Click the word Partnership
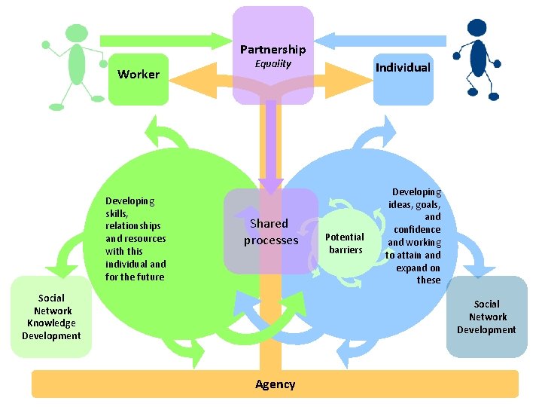(273, 50)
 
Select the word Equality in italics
(273, 64)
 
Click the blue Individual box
(403, 75)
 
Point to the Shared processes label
(270, 231)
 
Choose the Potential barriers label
(345, 243)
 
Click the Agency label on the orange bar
(275, 384)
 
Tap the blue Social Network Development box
(486, 317)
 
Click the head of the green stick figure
(76, 33)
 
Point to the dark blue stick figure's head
(477, 28)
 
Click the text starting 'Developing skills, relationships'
(135, 238)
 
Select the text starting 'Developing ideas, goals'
(413, 236)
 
